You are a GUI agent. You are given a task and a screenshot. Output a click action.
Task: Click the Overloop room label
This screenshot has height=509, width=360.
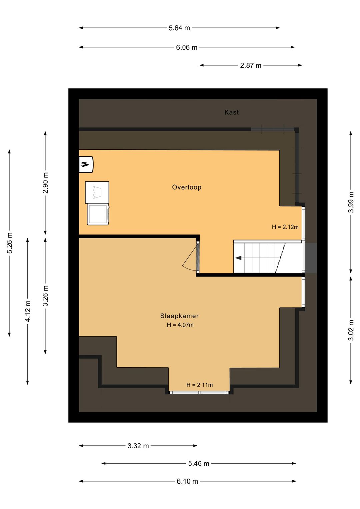[x=186, y=187]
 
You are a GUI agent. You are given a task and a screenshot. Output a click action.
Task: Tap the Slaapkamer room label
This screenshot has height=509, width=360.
[x=179, y=316]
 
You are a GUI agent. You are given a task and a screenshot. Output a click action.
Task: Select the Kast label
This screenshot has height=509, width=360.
[x=231, y=112]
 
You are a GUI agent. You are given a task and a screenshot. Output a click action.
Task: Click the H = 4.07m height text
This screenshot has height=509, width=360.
[x=180, y=325]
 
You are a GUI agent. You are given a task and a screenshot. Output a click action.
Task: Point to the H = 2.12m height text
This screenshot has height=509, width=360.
[x=285, y=227]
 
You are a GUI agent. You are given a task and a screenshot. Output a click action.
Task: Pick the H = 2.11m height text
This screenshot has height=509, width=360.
[x=199, y=385]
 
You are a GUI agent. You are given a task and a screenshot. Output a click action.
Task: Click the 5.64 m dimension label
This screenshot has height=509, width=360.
[x=179, y=28]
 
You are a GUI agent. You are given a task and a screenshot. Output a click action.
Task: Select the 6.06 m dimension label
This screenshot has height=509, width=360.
[x=187, y=47]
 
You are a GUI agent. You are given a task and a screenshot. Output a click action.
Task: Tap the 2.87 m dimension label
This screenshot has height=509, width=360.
[x=251, y=65]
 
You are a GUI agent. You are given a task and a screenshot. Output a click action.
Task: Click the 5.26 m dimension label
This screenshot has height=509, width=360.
[x=10, y=243]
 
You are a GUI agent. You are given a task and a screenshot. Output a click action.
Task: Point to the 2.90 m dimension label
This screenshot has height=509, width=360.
[x=46, y=182]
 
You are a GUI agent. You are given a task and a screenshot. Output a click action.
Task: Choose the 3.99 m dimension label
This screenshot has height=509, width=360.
[x=351, y=202]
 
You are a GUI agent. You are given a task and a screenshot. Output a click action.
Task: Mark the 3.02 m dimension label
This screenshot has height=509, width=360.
[x=351, y=330]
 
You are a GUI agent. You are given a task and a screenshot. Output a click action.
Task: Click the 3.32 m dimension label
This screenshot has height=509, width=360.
[x=138, y=446]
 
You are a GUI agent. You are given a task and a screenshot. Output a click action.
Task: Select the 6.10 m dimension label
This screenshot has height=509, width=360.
[x=187, y=482]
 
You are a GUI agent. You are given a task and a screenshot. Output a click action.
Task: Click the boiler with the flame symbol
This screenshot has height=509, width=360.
[x=87, y=164]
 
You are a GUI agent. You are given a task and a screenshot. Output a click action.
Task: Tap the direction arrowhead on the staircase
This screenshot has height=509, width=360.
[x=238, y=258]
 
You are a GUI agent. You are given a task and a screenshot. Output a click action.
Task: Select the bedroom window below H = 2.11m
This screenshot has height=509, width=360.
[x=199, y=393]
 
